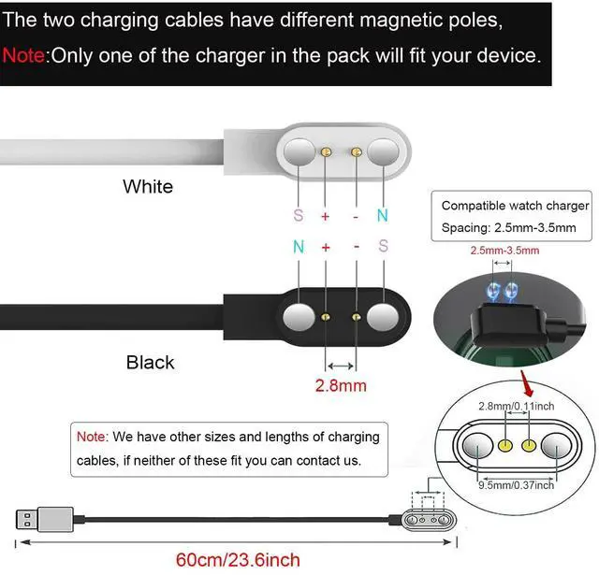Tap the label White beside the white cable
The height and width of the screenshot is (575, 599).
tap(148, 186)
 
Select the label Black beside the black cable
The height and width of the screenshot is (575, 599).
tap(151, 362)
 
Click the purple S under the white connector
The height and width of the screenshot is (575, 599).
tap(299, 216)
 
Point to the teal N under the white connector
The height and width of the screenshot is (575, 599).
tap(382, 216)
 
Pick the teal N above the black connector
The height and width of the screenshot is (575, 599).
tap(299, 250)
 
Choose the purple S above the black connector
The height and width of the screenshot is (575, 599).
tap(382, 250)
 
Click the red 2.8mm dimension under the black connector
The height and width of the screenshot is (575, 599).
tap(341, 384)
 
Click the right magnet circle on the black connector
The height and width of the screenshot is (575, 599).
tap(384, 318)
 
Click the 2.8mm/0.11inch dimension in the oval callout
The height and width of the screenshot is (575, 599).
tap(516, 405)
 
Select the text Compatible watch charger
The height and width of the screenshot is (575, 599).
tap(516, 206)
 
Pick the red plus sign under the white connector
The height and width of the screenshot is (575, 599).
tap(326, 216)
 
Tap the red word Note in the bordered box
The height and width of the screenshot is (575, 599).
tap(92, 437)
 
